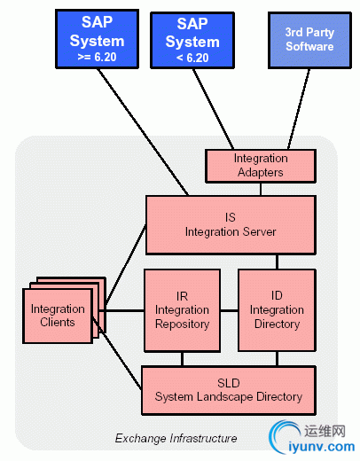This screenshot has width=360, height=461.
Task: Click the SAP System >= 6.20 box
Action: pyautogui.click(x=97, y=39)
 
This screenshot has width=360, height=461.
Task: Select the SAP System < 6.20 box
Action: pyautogui.click(x=192, y=40)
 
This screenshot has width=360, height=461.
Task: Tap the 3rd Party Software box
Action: pyautogui.click(x=309, y=40)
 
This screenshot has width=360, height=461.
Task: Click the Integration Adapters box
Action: pyautogui.click(x=261, y=166)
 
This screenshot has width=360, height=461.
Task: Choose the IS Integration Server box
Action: pyautogui.click(x=231, y=225)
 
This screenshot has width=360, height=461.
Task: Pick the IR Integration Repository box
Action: pyautogui.click(x=182, y=310)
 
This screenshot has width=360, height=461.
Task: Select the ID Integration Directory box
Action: pyautogui.click(x=277, y=310)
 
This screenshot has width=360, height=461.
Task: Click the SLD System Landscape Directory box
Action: pyautogui.click(x=229, y=390)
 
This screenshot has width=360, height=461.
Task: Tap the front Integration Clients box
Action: pyautogui.click(x=58, y=316)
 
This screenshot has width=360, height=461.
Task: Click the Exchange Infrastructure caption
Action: pyautogui.click(x=176, y=438)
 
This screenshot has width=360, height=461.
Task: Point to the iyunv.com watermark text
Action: pyautogui.click(x=321, y=447)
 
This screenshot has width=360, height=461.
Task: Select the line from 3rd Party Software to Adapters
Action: pyautogui.click(x=299, y=109)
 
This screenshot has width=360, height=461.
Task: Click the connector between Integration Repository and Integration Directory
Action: pyautogui.click(x=230, y=310)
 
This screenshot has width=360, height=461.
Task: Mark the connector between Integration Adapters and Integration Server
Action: pyautogui.click(x=261, y=189)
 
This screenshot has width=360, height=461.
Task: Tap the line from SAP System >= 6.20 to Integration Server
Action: pyautogui.click(x=143, y=132)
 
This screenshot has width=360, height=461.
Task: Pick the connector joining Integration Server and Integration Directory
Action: pyautogui.click(x=277, y=262)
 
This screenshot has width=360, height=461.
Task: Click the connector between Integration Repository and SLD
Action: pyautogui.click(x=182, y=359)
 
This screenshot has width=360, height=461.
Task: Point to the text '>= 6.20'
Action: pyautogui.click(x=97, y=57)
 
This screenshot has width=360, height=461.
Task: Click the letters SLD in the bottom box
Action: pyautogui.click(x=229, y=383)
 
